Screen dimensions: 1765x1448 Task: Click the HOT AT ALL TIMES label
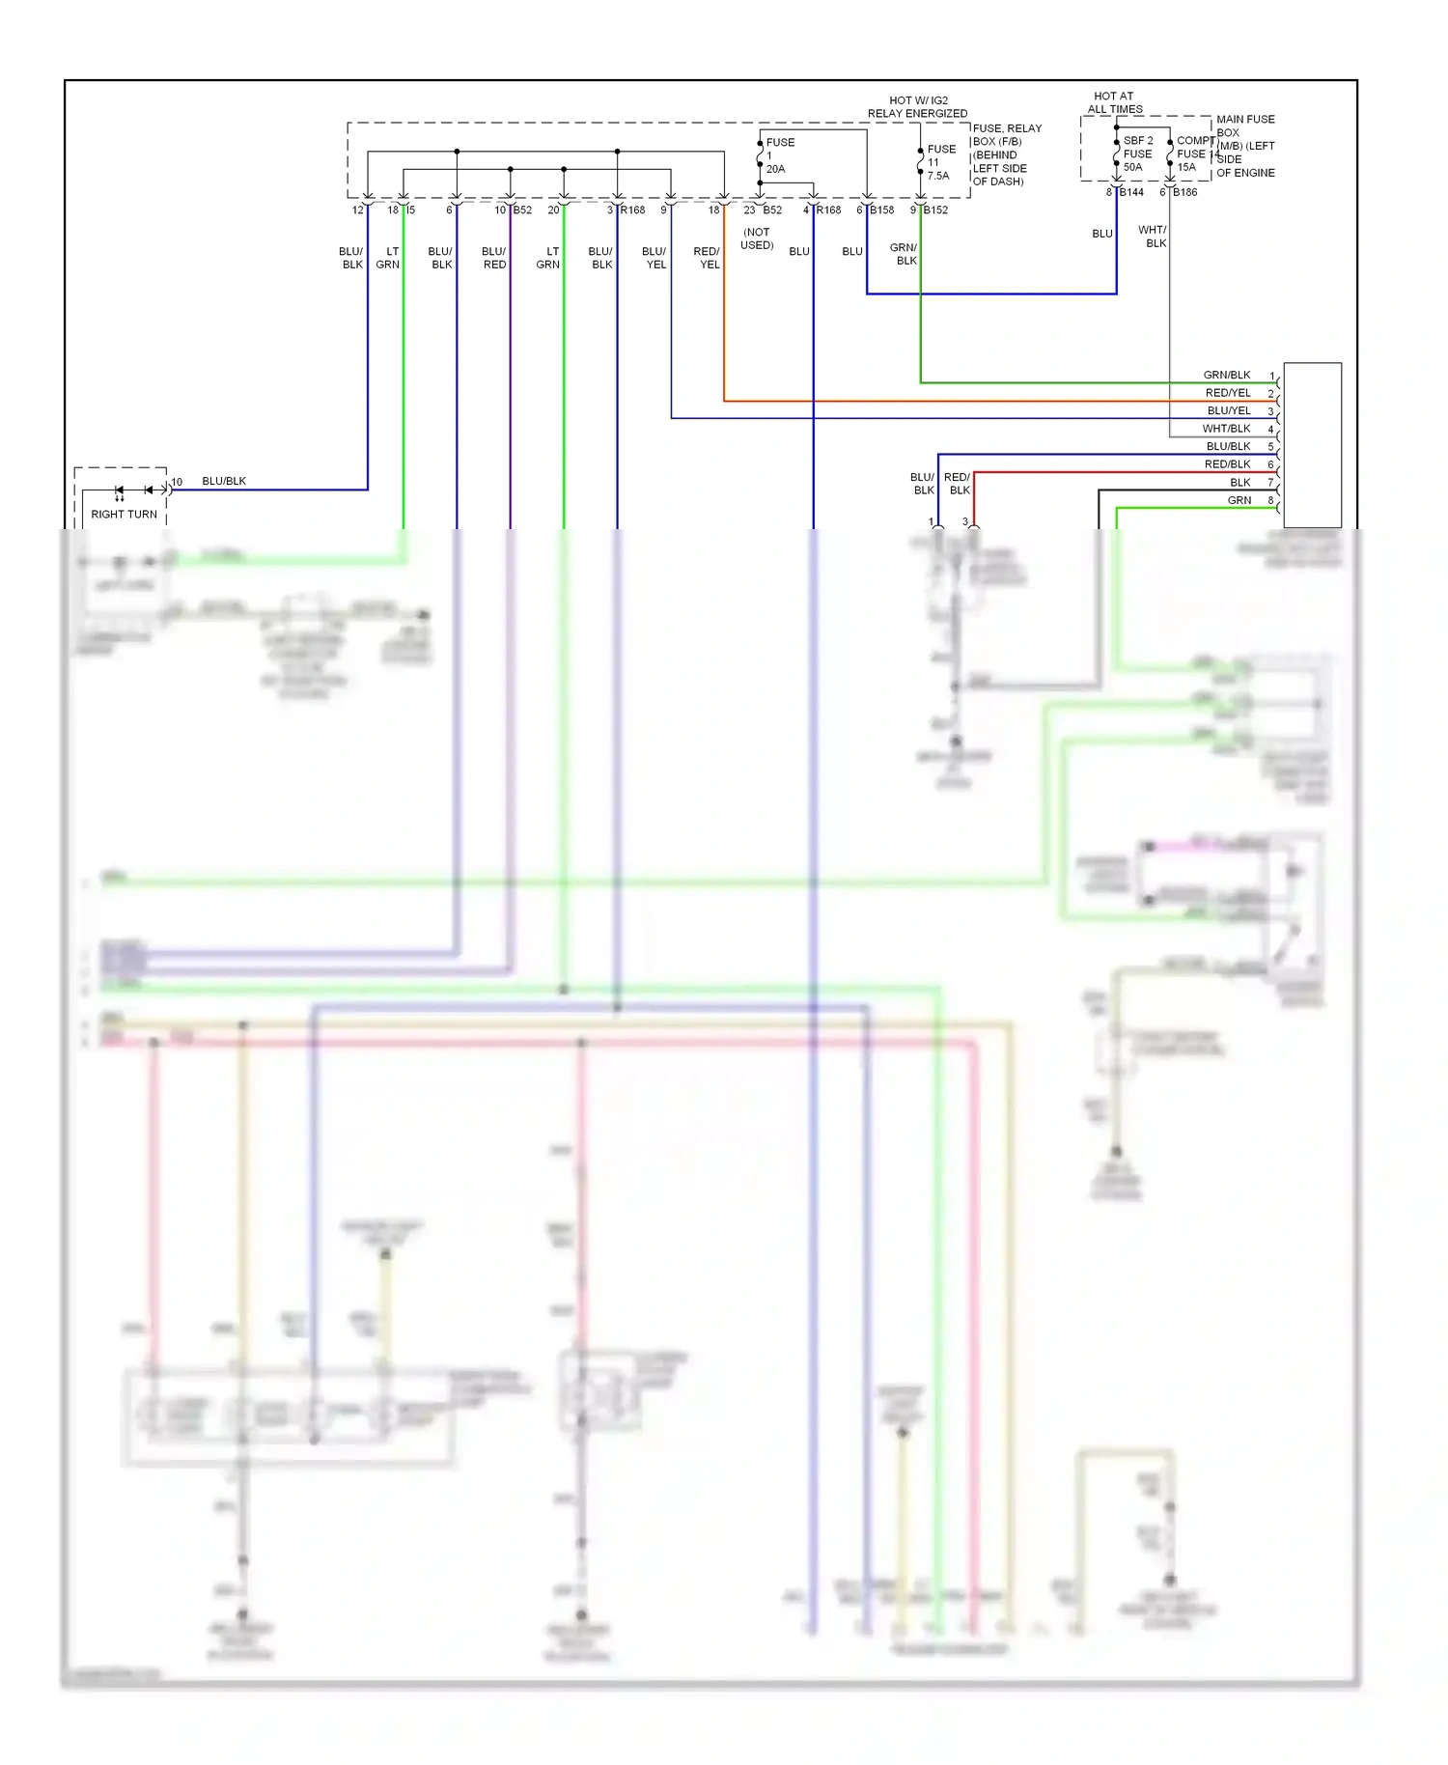pos(1114,102)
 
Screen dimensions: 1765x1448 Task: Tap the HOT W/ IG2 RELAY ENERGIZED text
pos(917,106)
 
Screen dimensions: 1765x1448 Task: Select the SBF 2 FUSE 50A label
pos(1137,154)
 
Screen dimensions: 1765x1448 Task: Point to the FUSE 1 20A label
pos(779,154)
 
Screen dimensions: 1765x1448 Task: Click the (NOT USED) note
pos(757,238)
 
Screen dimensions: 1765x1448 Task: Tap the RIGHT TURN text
pos(124,514)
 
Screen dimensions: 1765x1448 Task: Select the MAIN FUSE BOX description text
pos(1245,146)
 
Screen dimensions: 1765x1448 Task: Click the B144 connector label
pos(1131,192)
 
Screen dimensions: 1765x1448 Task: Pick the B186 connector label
pos(1184,192)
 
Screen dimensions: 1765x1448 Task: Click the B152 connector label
pos(935,210)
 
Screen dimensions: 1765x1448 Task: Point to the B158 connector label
pos(881,210)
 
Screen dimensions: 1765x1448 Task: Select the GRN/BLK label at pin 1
pos(1226,375)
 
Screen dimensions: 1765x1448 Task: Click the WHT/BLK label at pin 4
pos(1226,429)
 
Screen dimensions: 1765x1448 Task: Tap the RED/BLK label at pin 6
pos(1227,464)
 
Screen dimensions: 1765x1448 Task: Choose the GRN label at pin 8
pos(1239,500)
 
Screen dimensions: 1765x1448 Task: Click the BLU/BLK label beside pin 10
pos(224,481)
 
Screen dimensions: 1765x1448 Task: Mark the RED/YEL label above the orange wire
pos(707,258)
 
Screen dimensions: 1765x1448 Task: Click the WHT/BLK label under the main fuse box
pos(1154,237)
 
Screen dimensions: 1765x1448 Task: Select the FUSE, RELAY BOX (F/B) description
pos(1006,154)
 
